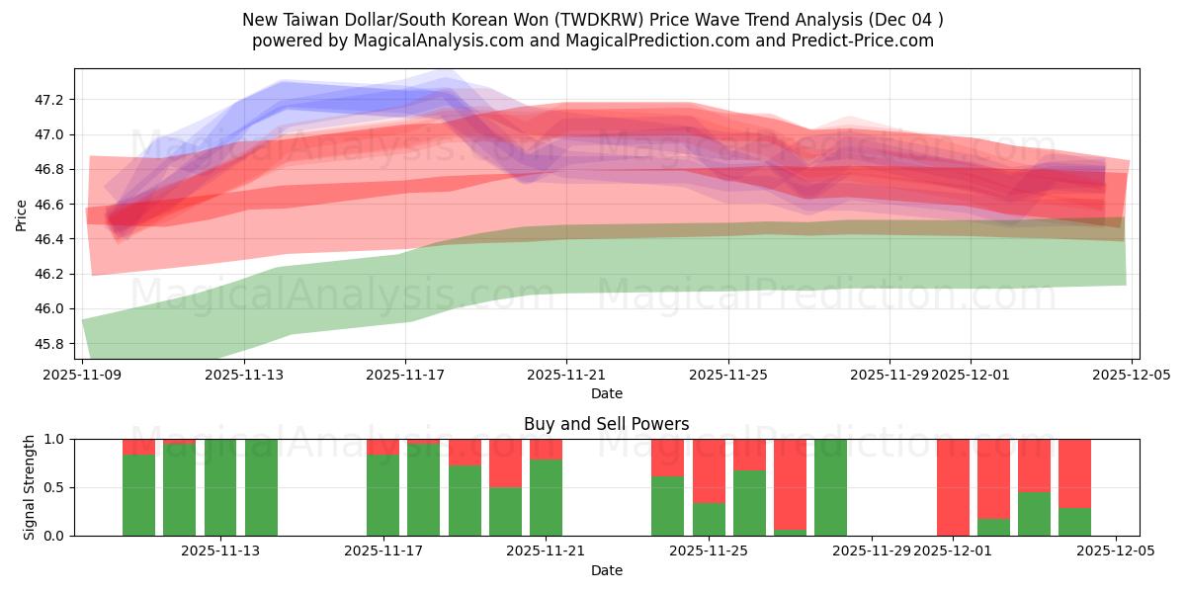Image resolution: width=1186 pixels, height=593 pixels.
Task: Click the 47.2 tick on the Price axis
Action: point(48,100)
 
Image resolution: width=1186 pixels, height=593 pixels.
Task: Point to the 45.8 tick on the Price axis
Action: point(48,344)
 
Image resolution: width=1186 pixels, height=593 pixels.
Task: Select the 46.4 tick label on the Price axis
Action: point(48,239)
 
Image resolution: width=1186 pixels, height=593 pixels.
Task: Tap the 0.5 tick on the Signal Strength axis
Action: point(53,487)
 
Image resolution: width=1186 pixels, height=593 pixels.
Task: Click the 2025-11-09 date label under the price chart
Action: point(82,376)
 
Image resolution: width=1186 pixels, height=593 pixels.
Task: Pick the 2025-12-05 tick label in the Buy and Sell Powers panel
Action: point(1115,551)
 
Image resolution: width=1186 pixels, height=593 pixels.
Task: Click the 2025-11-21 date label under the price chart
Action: point(566,376)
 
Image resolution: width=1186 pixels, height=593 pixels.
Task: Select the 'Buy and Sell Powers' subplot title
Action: point(606,424)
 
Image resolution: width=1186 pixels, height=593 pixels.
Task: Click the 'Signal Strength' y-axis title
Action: point(30,487)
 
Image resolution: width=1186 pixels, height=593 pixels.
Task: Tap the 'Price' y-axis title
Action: point(22,214)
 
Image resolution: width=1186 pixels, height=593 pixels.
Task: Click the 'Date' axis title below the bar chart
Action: point(606,570)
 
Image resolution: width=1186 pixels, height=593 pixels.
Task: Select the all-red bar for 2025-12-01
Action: point(953,487)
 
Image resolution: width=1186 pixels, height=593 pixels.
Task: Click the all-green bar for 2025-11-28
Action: point(830,487)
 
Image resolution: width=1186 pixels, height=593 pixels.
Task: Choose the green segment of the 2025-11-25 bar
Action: point(709,519)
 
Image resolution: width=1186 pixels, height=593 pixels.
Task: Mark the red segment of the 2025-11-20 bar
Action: point(505,463)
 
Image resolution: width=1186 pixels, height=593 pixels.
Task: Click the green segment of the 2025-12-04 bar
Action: point(1074,522)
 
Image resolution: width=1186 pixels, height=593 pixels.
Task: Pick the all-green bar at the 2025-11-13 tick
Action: point(220,487)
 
